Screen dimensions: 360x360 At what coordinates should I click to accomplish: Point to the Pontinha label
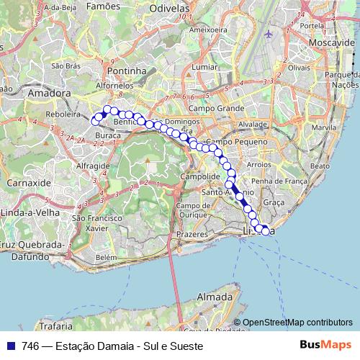[x=126, y=71]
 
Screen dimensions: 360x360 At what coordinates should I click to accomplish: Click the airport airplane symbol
[x=269, y=34]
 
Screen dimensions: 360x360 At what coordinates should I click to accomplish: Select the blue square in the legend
[x=12, y=346]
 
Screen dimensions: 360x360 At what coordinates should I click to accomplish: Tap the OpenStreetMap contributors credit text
[x=297, y=323]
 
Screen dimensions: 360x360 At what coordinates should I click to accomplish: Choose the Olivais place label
[x=298, y=66]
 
